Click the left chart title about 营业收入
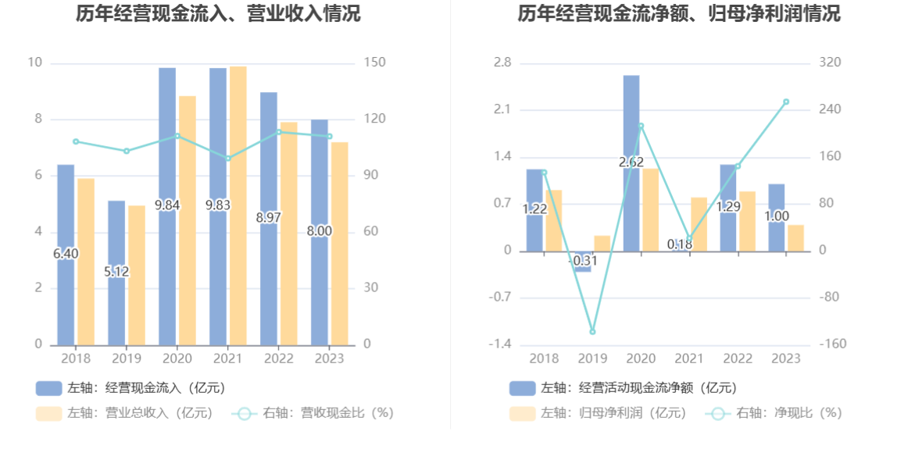[218, 13]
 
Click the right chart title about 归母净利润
[678, 13]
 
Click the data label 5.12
[116, 272]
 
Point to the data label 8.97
[268, 218]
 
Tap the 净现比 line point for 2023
[786, 102]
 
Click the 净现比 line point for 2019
[592, 332]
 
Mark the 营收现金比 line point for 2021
[228, 159]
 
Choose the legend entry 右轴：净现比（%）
[774, 413]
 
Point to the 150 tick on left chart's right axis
[377, 62]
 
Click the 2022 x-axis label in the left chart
[278, 358]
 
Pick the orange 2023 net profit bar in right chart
[795, 238]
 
